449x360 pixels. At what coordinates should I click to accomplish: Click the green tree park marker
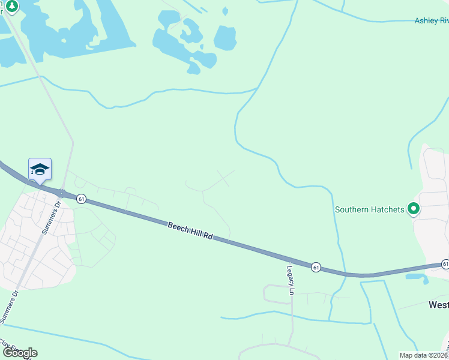tap(12, 6)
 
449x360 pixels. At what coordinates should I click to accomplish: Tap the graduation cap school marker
tap(40, 169)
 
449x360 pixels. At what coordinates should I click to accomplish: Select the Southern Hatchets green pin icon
tap(413, 209)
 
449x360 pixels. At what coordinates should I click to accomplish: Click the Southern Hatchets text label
tap(369, 209)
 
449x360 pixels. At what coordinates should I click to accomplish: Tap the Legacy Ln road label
tap(292, 280)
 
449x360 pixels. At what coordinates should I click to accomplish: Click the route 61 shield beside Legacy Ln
tap(316, 267)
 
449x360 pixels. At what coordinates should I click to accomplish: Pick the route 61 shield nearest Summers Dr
tap(82, 199)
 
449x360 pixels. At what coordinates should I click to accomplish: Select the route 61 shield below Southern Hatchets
tap(445, 263)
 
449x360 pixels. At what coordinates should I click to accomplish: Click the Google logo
tap(20, 353)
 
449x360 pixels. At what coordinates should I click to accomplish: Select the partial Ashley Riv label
tap(431, 21)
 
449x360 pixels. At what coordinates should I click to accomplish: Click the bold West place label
tap(439, 305)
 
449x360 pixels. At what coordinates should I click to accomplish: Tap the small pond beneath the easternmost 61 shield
tap(415, 277)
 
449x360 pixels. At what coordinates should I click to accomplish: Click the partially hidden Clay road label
tap(5, 345)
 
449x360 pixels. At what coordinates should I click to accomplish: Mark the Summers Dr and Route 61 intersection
tap(61, 193)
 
